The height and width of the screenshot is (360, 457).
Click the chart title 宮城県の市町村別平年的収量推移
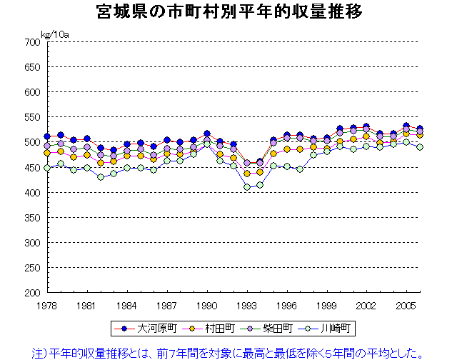pyautogui.click(x=228, y=12)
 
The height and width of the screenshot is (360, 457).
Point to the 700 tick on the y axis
pyautogui.click(x=31, y=42)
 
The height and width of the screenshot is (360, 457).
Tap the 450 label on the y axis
pyautogui.click(x=31, y=168)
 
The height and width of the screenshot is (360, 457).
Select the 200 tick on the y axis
pyautogui.click(x=31, y=293)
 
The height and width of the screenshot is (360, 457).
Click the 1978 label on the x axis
pyautogui.click(x=47, y=305)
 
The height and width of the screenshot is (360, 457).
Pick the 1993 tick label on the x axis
pyautogui.click(x=247, y=305)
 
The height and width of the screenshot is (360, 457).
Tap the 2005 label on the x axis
pyautogui.click(x=407, y=305)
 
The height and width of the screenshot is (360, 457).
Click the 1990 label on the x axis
pyautogui.click(x=207, y=305)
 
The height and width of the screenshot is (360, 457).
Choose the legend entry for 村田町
pyautogui.click(x=207, y=329)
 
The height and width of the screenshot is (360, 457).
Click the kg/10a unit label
pyautogui.click(x=55, y=34)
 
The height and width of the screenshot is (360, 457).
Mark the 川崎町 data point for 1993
pyautogui.click(x=247, y=187)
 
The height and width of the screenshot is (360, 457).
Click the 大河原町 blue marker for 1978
pyautogui.click(x=47, y=136)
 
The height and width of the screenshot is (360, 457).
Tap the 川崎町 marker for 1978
pyautogui.click(x=47, y=168)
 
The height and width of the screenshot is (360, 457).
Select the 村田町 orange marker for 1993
pyautogui.click(x=247, y=174)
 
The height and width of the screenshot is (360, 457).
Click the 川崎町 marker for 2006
pyautogui.click(x=420, y=147)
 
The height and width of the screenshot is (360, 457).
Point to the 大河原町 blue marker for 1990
pyautogui.click(x=207, y=134)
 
